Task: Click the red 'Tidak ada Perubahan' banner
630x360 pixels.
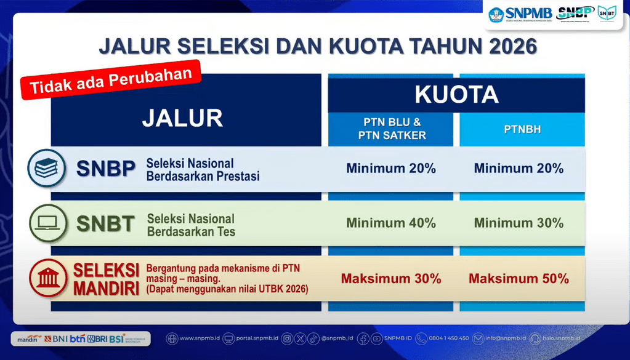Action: pyautogui.click(x=111, y=79)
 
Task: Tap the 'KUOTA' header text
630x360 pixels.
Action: pyautogui.click(x=456, y=94)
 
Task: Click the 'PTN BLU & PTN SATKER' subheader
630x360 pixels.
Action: pyautogui.click(x=392, y=129)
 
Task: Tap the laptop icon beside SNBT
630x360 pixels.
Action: pyautogui.click(x=48, y=223)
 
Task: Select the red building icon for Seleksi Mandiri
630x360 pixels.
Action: pyautogui.click(x=48, y=278)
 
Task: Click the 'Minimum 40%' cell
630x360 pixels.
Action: pyautogui.click(x=391, y=223)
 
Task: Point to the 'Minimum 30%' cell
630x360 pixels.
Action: pyautogui.click(x=519, y=223)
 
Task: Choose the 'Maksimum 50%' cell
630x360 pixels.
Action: pyautogui.click(x=519, y=278)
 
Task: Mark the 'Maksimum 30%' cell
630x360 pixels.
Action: pyautogui.click(x=391, y=278)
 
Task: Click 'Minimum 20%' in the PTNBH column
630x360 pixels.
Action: pyautogui.click(x=519, y=168)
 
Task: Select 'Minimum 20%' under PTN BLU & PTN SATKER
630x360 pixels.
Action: pyautogui.click(x=391, y=168)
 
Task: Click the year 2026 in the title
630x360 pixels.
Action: pyautogui.click(x=507, y=47)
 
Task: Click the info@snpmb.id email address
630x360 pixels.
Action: pyautogui.click(x=505, y=338)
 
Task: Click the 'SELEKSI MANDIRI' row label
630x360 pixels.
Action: pyautogui.click(x=106, y=279)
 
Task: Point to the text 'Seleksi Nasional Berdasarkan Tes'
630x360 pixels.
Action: pyautogui.click(x=191, y=225)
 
